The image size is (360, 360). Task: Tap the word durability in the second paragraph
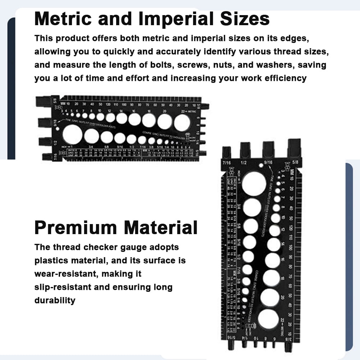click(x=55, y=300)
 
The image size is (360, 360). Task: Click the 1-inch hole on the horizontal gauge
click(x=72, y=135)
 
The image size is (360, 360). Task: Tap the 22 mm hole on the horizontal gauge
click(x=182, y=122)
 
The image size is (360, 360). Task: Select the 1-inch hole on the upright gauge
click(x=254, y=183)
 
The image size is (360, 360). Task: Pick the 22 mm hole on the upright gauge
click(x=268, y=319)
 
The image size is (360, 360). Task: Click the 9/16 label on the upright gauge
click(x=268, y=162)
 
